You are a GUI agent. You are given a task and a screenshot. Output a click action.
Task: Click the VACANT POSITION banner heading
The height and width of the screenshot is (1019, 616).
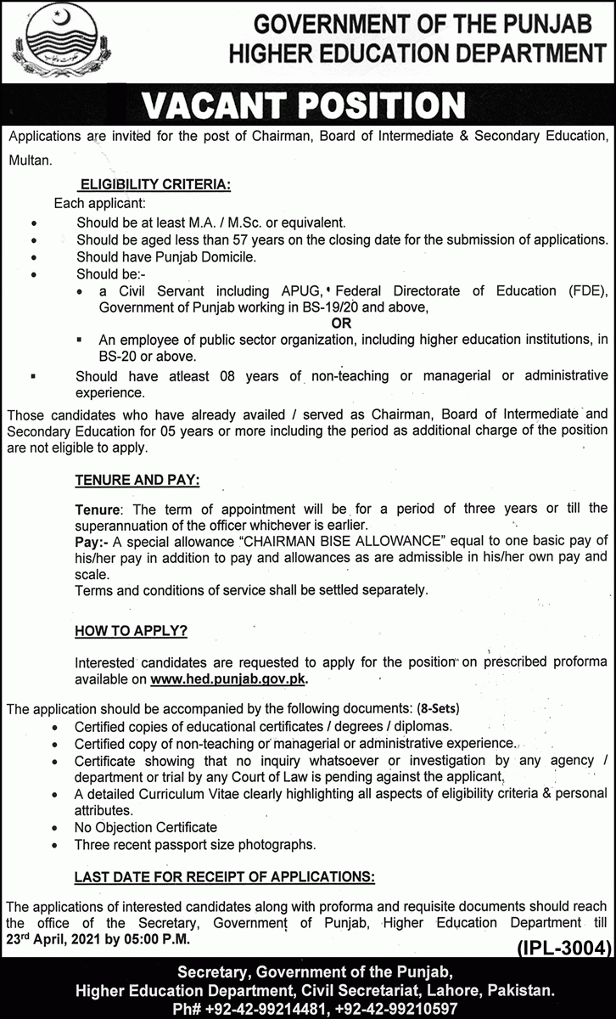click(x=304, y=105)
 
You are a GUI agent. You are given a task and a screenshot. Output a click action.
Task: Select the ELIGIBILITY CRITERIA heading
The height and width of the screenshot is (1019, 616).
click(x=154, y=183)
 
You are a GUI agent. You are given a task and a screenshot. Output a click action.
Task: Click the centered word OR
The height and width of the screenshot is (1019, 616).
click(x=341, y=324)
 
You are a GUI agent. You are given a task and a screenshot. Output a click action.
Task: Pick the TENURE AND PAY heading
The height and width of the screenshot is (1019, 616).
click(x=137, y=481)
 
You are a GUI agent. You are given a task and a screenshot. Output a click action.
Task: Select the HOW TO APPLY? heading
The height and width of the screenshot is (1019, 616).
click(x=131, y=631)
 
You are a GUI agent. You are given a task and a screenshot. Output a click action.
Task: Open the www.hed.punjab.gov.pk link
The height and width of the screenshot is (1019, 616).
click(x=228, y=679)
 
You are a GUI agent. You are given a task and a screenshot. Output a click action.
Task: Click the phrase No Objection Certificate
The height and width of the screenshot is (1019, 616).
click(x=146, y=827)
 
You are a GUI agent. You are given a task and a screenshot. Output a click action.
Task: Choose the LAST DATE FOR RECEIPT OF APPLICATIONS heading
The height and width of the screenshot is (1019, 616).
click(x=225, y=875)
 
